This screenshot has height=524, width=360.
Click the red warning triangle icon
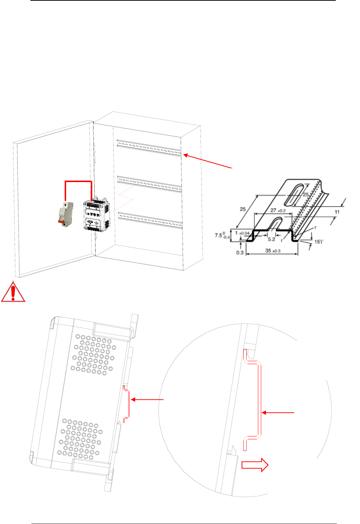pyautogui.click(x=13, y=292)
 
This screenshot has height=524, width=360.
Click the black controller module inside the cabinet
pyautogui.click(x=96, y=215)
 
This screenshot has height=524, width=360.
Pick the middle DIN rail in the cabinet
pyautogui.click(x=149, y=184)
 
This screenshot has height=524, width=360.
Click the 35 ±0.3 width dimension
pyautogui.click(x=273, y=251)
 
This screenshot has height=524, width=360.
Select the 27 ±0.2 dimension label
pyautogui.click(x=278, y=210)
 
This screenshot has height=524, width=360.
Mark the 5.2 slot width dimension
pyautogui.click(x=271, y=239)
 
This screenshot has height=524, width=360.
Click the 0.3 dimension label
pyautogui.click(x=240, y=252)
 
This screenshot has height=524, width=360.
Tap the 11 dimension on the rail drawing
pyautogui.click(x=337, y=212)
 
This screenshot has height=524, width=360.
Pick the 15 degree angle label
pyautogui.click(x=319, y=242)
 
